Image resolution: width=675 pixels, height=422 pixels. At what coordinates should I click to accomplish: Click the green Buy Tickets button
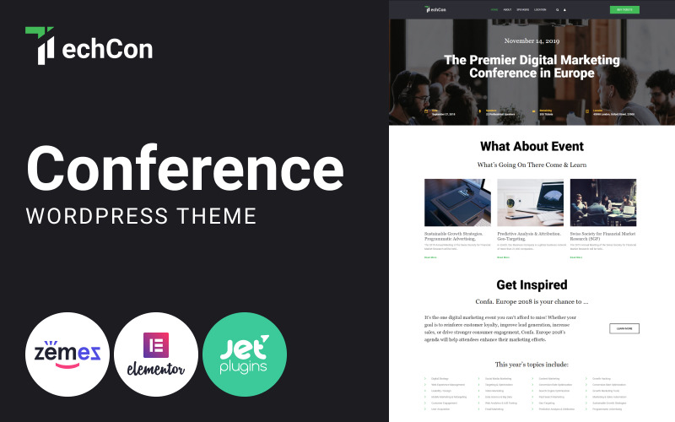pos(624,9)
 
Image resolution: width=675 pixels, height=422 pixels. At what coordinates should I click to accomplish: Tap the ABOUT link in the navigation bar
pos(507,9)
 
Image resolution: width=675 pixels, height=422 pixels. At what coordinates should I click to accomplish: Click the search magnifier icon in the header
pos(557,9)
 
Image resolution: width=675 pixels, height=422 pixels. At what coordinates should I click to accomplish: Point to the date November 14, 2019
pos(532,41)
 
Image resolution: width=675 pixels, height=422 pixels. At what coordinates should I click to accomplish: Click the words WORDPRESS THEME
pos(141,215)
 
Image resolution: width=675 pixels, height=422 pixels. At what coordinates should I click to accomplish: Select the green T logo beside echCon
pos(40,46)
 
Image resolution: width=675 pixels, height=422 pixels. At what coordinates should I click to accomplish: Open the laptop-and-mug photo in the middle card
pos(531,202)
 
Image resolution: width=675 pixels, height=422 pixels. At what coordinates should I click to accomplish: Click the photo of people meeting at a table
pos(603,202)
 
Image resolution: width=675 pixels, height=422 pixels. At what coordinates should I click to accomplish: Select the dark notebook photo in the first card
pos(457,202)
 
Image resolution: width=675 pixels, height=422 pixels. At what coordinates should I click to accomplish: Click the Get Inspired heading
pos(532,284)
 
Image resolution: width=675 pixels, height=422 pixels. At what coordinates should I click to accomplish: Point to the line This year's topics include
pos(532,364)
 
